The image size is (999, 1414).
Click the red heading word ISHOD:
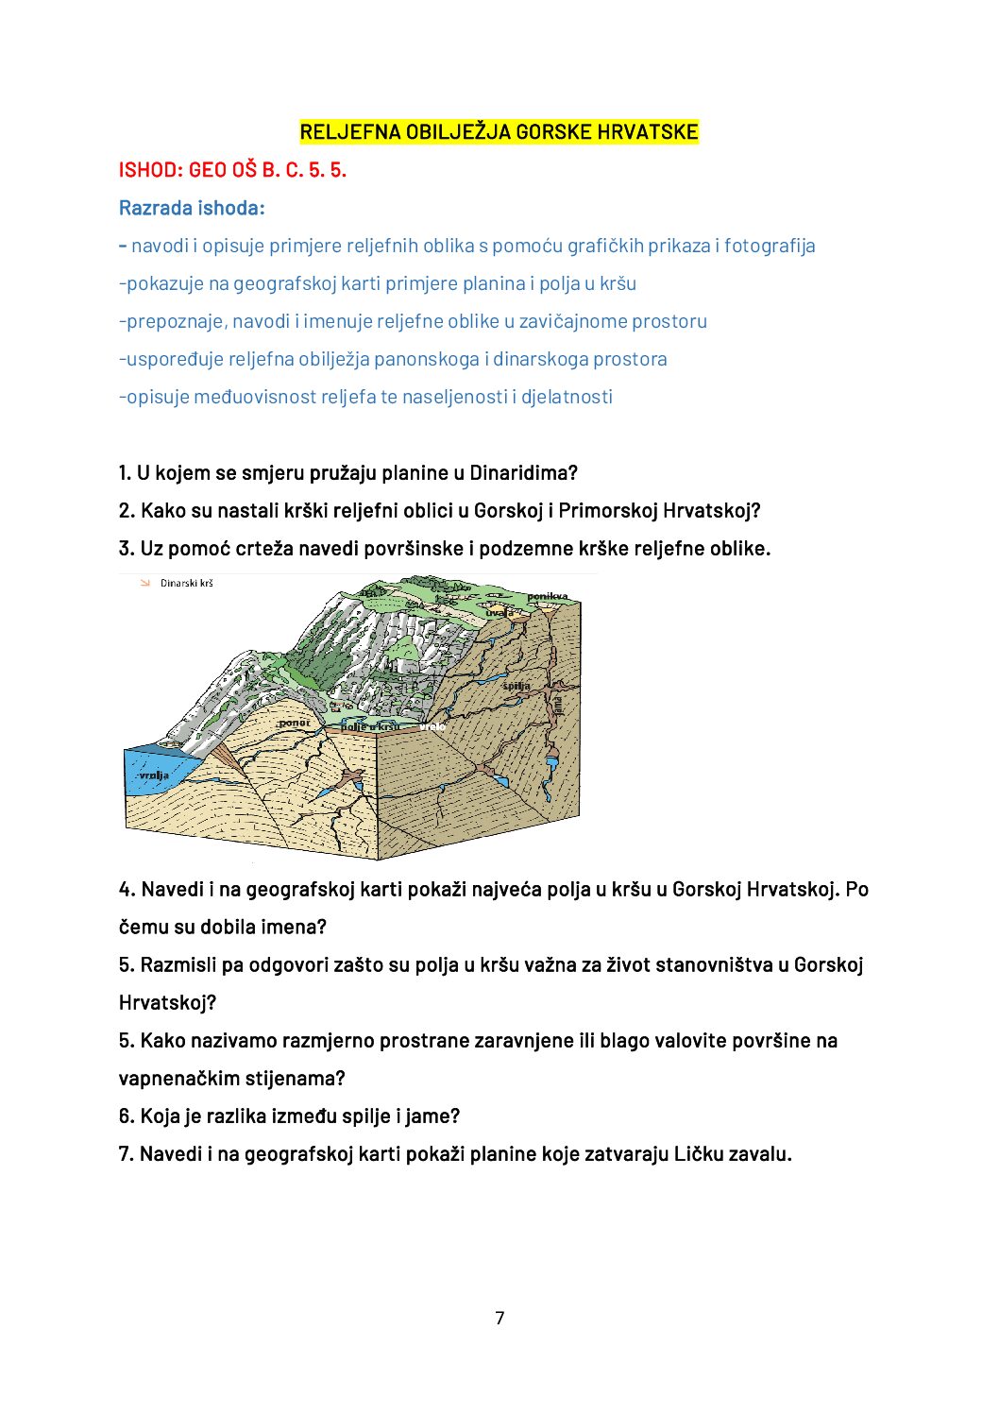[150, 170]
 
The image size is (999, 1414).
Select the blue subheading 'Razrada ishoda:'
[192, 208]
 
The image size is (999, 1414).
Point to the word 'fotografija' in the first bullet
[770, 246]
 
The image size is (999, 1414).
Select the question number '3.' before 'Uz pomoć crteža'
[127, 549]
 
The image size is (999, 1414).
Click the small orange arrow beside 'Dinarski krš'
[144, 583]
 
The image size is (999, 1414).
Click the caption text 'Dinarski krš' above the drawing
[187, 584]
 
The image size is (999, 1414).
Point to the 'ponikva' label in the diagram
[548, 596]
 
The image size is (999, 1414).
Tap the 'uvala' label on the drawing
[499, 612]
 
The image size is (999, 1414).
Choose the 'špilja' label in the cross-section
[516, 686]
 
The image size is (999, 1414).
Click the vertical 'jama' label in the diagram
[557, 704]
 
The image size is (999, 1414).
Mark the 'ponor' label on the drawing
[294, 723]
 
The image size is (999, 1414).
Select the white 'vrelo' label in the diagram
[432, 726]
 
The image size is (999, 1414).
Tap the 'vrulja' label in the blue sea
[154, 775]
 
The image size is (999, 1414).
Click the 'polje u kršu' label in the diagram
[370, 726]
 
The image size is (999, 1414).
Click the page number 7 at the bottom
[499, 1318]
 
